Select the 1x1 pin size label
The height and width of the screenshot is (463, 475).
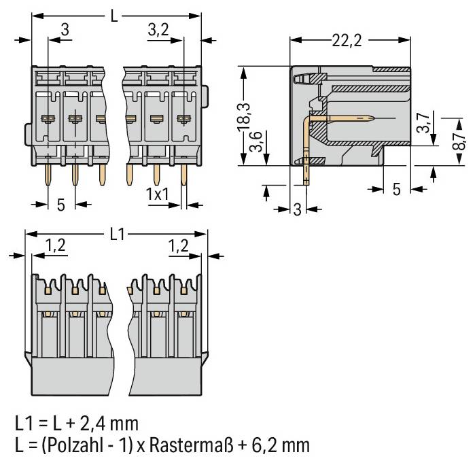click(158, 193)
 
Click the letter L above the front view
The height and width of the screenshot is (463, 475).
click(113, 14)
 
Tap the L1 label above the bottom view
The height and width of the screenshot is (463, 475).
click(118, 235)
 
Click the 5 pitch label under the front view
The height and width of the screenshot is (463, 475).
click(61, 204)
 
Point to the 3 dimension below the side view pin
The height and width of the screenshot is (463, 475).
click(296, 209)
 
